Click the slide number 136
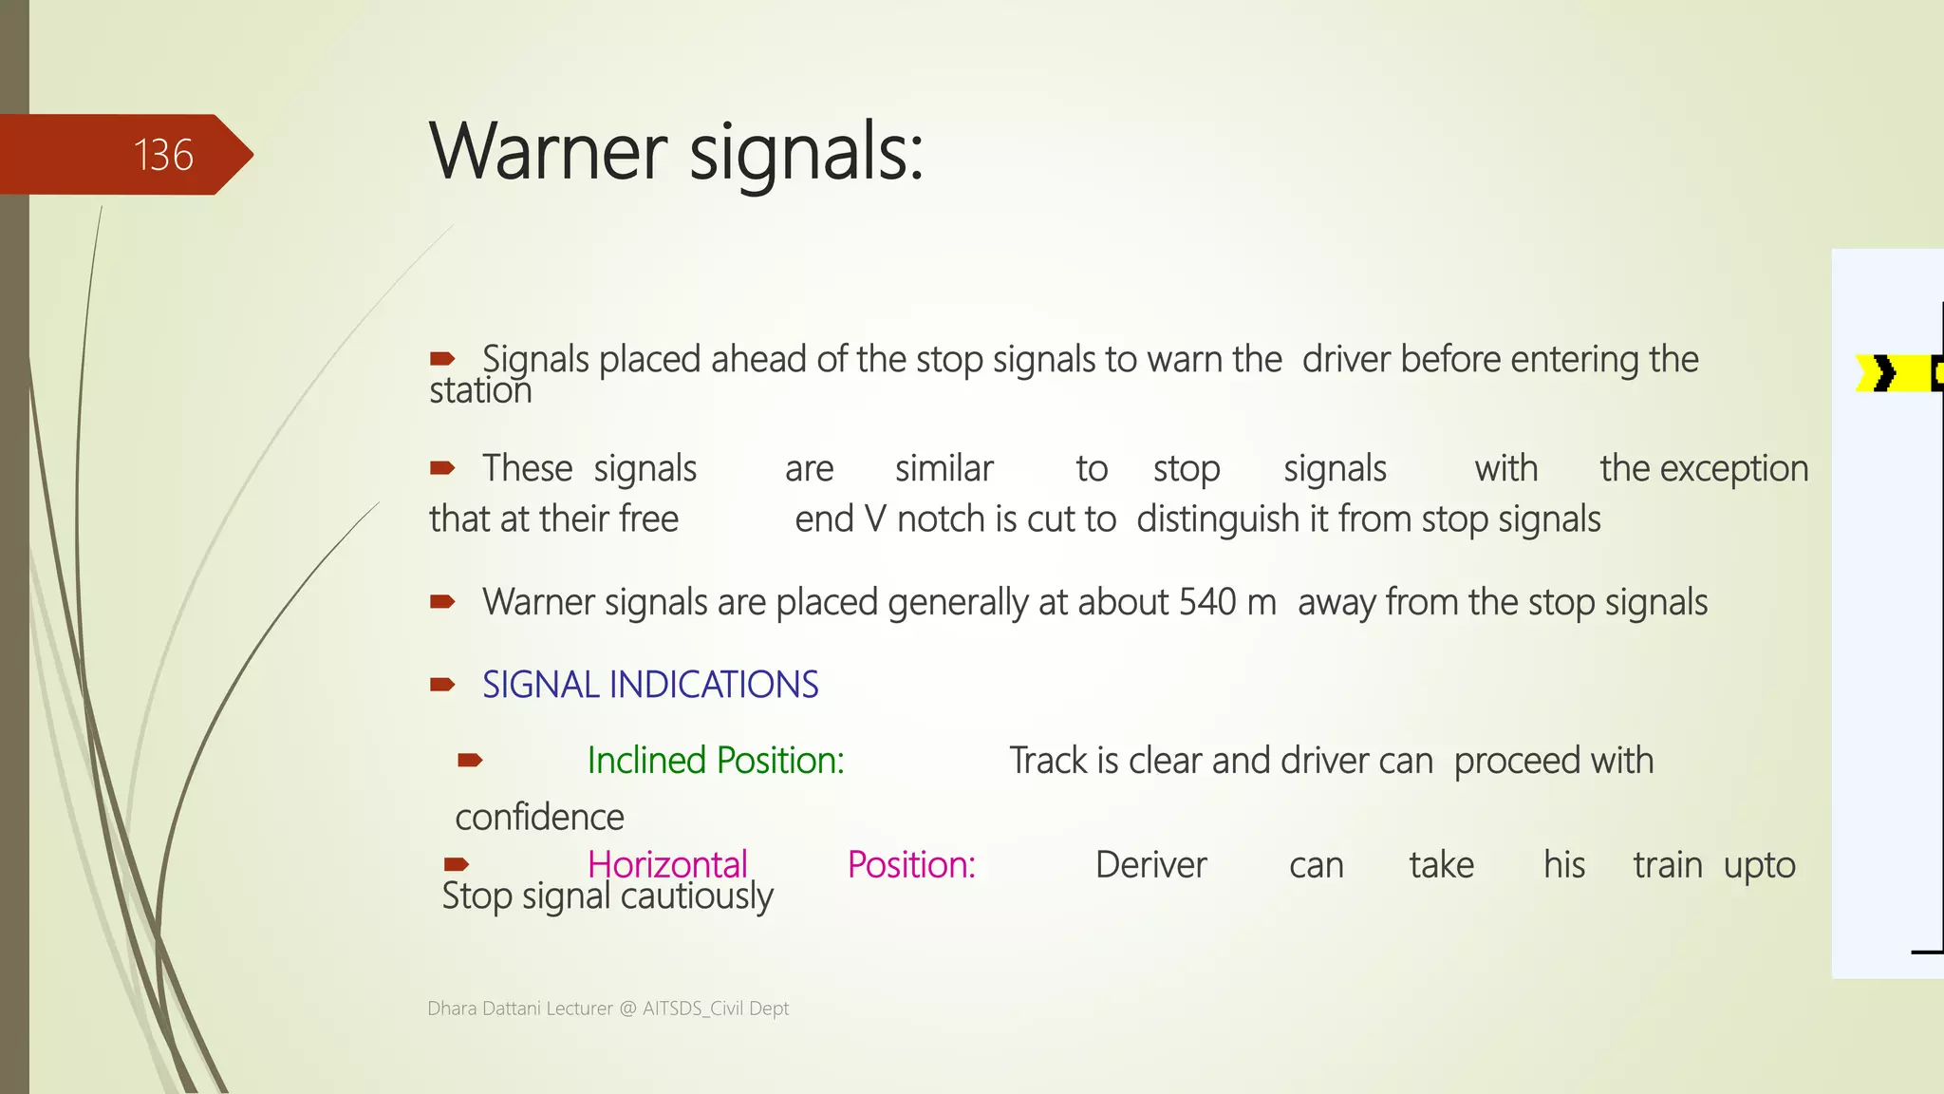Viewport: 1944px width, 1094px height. click(x=163, y=155)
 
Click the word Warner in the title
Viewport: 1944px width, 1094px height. click(x=549, y=152)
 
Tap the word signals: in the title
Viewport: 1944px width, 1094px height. click(x=806, y=154)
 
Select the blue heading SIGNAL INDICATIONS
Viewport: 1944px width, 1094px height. click(x=650, y=685)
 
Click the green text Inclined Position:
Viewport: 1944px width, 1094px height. click(x=716, y=761)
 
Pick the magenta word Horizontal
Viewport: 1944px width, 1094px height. click(x=667, y=865)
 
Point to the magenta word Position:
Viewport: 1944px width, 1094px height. click(x=911, y=865)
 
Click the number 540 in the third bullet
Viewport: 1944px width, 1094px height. click(x=1207, y=602)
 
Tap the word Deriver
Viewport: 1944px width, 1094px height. click(x=1150, y=865)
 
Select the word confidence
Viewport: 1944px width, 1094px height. click(x=539, y=818)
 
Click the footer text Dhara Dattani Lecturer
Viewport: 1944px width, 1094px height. click(x=520, y=1009)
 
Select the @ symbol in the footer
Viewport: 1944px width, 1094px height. click(x=627, y=1009)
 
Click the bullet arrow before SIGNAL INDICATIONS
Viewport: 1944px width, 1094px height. click(x=442, y=685)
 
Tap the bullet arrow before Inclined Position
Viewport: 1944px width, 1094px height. click(x=470, y=760)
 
